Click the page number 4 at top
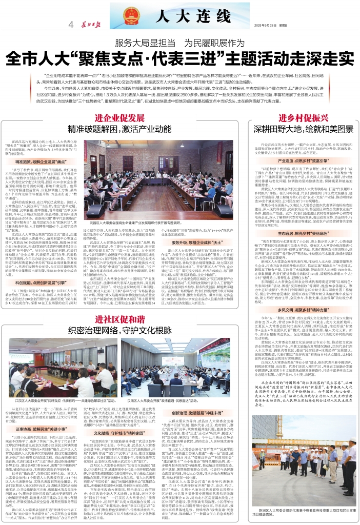pos(70,24)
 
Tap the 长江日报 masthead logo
pos(91,24)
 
